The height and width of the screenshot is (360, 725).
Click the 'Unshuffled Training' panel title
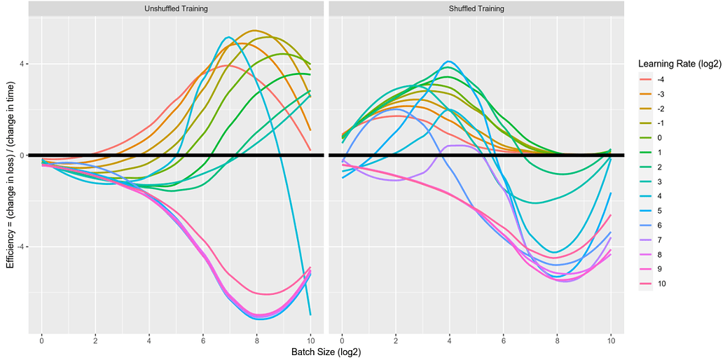coord(176,9)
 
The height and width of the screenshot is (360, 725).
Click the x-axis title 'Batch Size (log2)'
coord(326,352)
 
